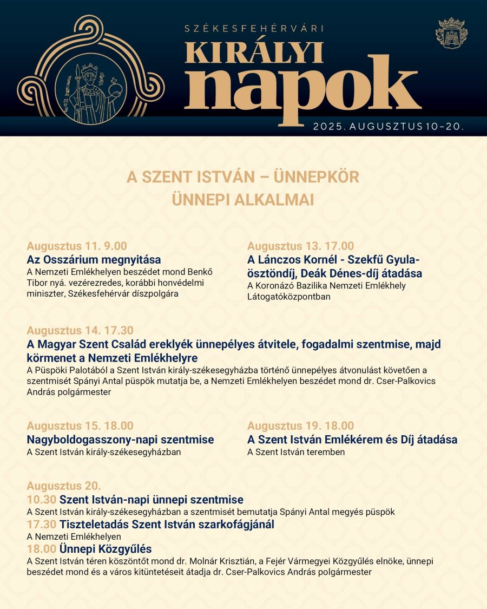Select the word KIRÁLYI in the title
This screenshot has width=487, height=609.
[x=254, y=53]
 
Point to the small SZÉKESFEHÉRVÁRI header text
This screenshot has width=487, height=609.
[x=254, y=28]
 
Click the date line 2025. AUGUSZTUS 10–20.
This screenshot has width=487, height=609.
[x=388, y=127]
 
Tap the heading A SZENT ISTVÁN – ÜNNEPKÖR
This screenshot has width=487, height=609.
[x=243, y=177]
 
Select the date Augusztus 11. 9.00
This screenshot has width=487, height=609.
[x=77, y=246]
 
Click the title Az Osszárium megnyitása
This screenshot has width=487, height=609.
[x=94, y=260]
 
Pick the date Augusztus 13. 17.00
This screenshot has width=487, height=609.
[x=300, y=246]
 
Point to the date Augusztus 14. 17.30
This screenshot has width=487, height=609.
[x=80, y=330]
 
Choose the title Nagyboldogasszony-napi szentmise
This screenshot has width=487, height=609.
[x=120, y=440]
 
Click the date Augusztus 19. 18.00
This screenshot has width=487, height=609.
[x=300, y=426]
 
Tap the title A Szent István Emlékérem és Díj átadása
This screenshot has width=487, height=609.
[x=352, y=440]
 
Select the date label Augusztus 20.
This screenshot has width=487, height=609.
[x=64, y=486]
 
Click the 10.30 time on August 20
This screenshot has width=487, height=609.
[x=41, y=500]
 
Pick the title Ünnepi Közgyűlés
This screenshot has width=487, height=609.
[x=106, y=549]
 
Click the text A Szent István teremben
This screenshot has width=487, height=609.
[x=295, y=452]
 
